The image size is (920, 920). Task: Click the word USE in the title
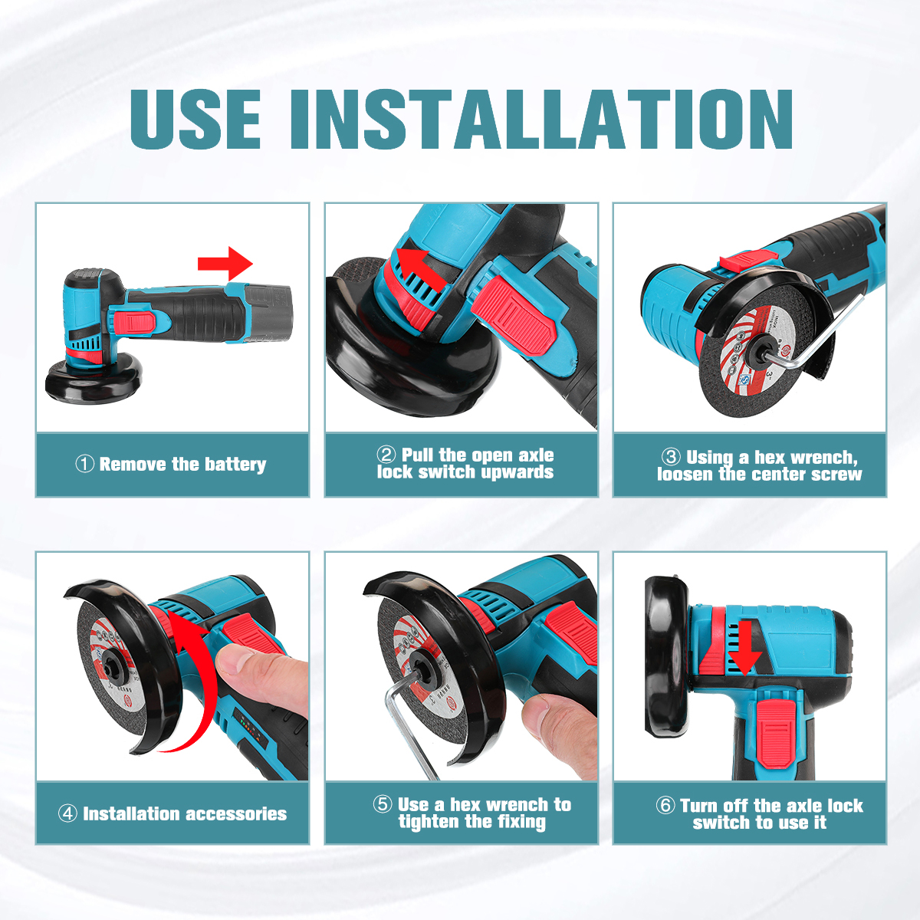click(x=195, y=120)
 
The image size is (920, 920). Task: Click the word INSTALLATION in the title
click(x=541, y=120)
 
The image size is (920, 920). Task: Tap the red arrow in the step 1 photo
click(x=225, y=264)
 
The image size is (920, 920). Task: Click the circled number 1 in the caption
click(x=84, y=464)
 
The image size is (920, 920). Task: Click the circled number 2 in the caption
click(x=386, y=454)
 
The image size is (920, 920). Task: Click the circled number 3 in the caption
click(x=670, y=456)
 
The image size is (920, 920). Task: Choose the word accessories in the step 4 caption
click(x=232, y=813)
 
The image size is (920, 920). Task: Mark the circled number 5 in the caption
click(x=383, y=803)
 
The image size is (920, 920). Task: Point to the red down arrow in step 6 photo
click(x=744, y=649)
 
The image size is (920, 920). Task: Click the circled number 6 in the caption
click(x=665, y=805)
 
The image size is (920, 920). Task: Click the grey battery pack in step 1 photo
click(x=268, y=314)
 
